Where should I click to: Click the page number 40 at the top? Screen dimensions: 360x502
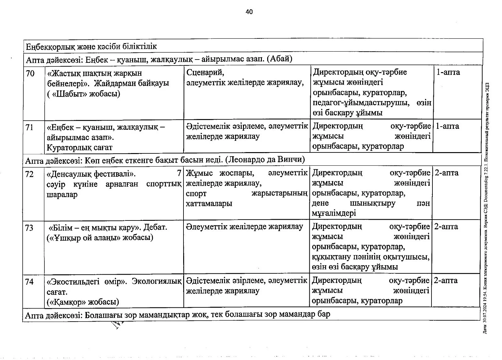coord(249,12)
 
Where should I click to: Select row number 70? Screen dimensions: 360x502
coord(30,74)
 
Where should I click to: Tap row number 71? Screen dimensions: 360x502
coord(30,128)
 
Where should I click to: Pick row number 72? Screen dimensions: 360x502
coord(29,174)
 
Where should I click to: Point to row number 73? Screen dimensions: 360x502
coord(29,228)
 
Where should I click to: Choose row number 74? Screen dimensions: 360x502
coord(29,282)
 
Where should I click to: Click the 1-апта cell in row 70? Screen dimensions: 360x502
coord(448,72)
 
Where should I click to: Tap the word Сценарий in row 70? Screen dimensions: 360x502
coord(205,72)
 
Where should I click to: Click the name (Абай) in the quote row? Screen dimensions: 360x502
coord(279,59)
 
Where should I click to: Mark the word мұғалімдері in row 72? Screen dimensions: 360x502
coord(334,213)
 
